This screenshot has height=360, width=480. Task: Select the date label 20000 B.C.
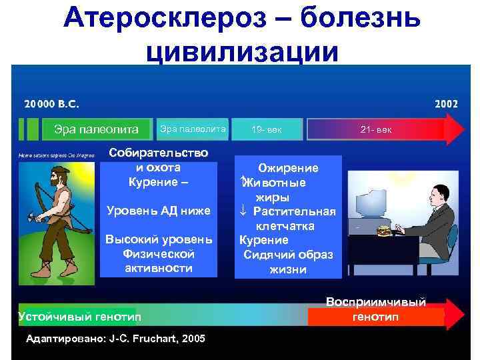[x=52, y=105]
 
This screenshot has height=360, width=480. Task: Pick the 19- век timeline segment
[x=267, y=129]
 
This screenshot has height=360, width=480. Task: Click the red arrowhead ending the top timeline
[x=455, y=129]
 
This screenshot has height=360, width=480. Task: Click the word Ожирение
[x=288, y=168]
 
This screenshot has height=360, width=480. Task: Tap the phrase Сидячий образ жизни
[x=288, y=262]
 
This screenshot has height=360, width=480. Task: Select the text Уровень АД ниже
[x=159, y=211]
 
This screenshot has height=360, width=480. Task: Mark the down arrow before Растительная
[x=245, y=211]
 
